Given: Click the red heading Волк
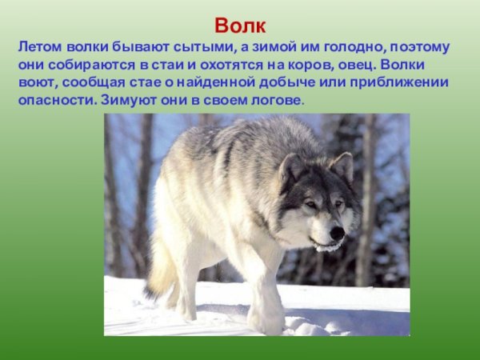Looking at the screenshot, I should tap(240, 23).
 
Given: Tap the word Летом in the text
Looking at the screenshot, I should tap(38, 47).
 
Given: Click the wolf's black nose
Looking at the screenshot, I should tap(337, 233).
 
